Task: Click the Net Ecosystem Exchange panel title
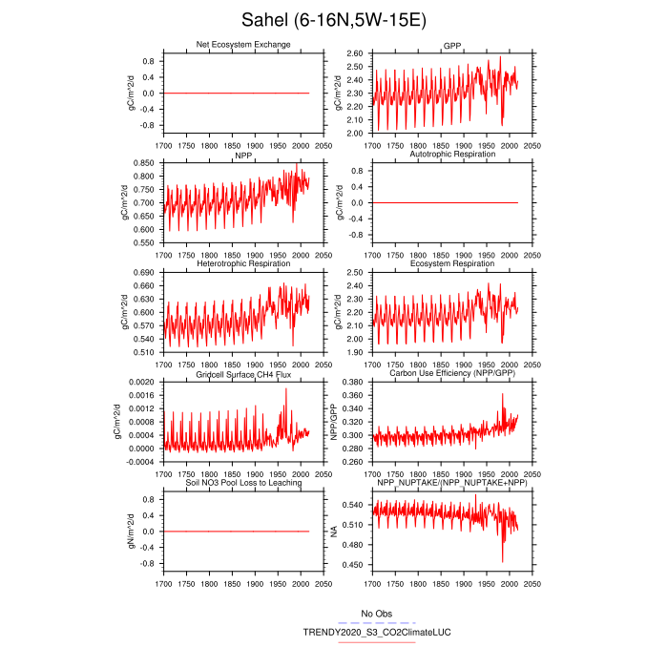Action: [x=243, y=45]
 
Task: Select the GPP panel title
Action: [x=451, y=46]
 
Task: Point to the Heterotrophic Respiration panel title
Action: [x=243, y=263]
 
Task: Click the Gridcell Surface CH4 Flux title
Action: [x=243, y=374]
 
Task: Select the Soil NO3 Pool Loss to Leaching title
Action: [x=243, y=483]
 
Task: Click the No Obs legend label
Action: [x=375, y=613]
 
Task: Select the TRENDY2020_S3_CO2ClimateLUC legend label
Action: [x=364, y=632]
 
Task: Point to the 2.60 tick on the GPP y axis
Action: [x=354, y=53]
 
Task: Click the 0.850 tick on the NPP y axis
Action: [x=145, y=163]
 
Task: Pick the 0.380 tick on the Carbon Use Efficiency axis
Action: [x=352, y=382]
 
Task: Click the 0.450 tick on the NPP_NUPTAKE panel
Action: [x=352, y=565]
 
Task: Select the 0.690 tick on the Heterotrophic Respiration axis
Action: [x=145, y=273]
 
